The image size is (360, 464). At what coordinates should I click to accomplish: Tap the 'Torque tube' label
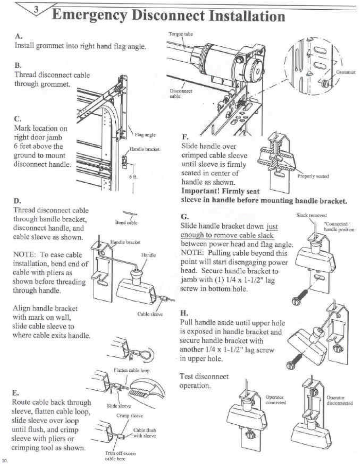[181, 34]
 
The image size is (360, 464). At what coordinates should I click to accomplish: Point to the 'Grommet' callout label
[345, 72]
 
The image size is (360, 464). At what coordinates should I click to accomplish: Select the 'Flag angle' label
[145, 134]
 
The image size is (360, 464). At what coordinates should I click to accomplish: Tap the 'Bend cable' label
[126, 223]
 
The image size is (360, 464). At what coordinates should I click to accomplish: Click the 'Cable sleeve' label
[150, 314]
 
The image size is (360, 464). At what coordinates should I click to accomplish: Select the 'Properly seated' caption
[313, 176]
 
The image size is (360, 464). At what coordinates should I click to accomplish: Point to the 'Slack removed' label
[312, 215]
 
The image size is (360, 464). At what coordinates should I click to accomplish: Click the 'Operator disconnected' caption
[339, 400]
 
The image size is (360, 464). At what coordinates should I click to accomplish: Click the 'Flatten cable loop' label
[131, 370]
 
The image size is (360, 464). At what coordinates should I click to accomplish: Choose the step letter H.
[184, 313]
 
